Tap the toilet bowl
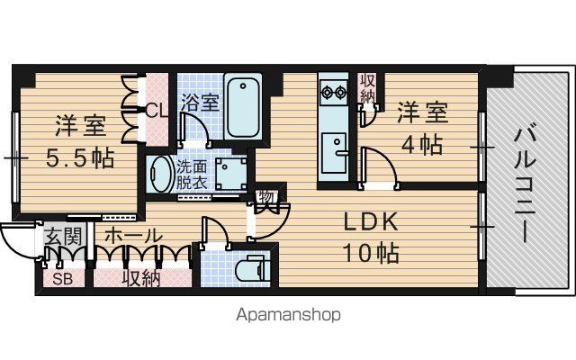[x=250, y=270]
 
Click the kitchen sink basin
[x=334, y=153]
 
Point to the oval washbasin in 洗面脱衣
[x=159, y=174]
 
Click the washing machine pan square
[x=231, y=174]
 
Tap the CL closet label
[x=157, y=110]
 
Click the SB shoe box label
[x=62, y=279]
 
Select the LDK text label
[x=371, y=221]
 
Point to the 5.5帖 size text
[x=79, y=158]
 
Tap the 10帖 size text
[x=371, y=253]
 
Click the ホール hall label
[x=133, y=236]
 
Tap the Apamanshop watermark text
[x=288, y=315]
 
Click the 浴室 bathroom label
[x=200, y=103]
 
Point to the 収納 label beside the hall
[x=141, y=278]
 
